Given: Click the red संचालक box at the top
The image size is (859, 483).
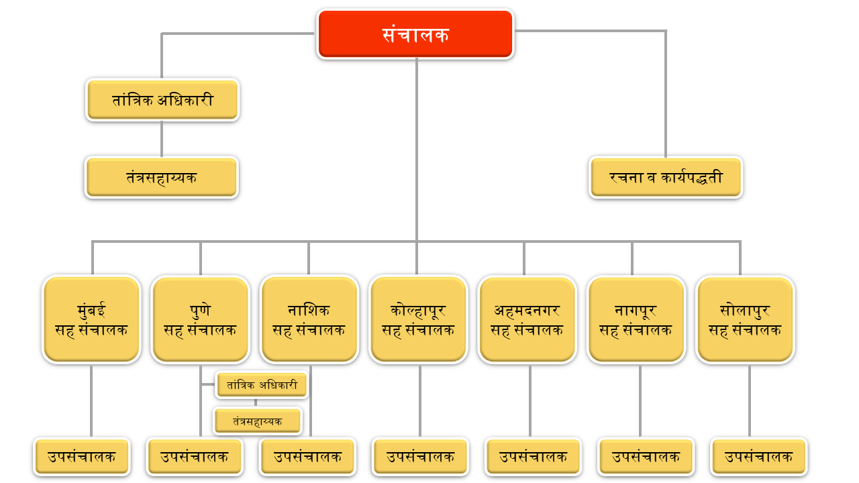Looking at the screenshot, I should [x=415, y=34].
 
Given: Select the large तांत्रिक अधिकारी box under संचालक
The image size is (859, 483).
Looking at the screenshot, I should [x=162, y=100].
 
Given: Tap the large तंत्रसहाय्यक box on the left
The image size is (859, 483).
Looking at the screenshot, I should [x=162, y=178].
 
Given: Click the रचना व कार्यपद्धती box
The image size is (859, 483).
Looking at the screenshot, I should [x=666, y=178].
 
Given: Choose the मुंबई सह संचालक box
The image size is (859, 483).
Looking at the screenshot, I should [x=91, y=319].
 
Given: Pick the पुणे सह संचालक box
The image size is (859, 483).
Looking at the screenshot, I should [x=200, y=319].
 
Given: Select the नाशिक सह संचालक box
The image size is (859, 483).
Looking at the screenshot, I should [x=309, y=319].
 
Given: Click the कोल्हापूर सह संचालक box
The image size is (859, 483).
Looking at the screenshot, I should [x=418, y=319].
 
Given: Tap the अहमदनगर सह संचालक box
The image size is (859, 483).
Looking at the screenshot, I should [x=527, y=319].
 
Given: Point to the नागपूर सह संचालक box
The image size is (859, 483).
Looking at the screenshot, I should [x=636, y=319].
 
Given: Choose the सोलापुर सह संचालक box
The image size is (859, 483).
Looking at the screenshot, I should [x=745, y=319].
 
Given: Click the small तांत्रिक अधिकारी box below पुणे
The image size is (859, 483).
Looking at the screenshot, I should [x=262, y=385].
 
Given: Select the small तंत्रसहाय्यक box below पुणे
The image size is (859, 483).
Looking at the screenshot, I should [x=258, y=421].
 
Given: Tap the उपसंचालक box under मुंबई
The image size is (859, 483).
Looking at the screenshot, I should [x=81, y=457].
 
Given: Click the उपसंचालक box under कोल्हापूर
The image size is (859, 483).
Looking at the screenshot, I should [x=421, y=457].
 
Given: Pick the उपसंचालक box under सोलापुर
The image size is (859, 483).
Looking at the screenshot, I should [x=759, y=457].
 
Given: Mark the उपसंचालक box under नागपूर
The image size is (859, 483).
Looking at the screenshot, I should [x=646, y=457].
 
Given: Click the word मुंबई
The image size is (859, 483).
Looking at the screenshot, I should [x=91, y=311].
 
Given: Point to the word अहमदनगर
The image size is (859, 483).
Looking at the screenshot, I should [x=527, y=311].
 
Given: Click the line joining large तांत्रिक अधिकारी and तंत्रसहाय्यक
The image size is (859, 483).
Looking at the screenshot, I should [x=162, y=139].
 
